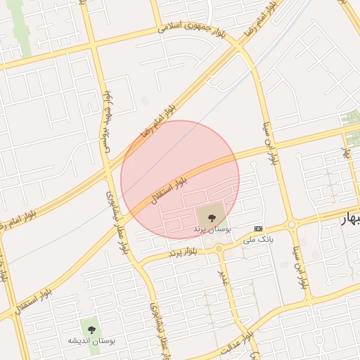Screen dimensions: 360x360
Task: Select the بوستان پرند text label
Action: [212, 229]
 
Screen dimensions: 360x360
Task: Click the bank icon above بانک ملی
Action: [258, 229]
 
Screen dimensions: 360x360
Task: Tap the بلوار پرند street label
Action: [181, 251]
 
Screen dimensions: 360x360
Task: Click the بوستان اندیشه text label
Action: [91, 340]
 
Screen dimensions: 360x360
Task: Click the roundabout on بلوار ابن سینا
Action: [292, 225]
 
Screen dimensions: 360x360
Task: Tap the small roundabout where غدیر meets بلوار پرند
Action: [219, 248]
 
